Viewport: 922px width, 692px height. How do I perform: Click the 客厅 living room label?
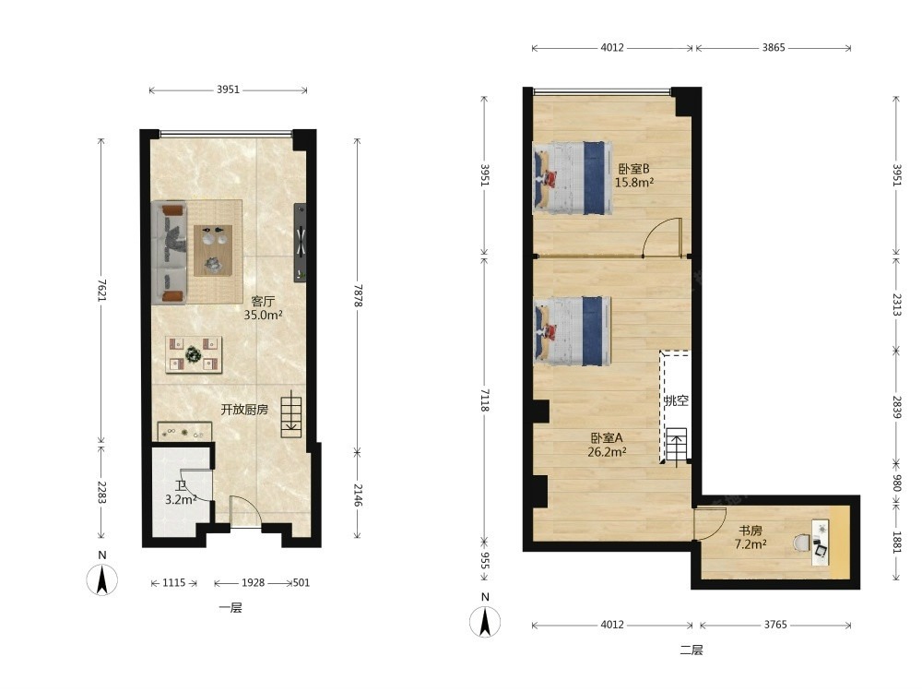click(x=263, y=302)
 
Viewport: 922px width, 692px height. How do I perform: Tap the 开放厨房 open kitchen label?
click(x=244, y=409)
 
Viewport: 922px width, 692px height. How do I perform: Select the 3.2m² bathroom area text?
click(x=181, y=500)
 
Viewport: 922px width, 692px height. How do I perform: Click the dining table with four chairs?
click(x=194, y=354)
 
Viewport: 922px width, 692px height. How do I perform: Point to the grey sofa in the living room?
click(x=169, y=253)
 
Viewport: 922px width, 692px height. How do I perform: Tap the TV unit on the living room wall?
click(x=300, y=243)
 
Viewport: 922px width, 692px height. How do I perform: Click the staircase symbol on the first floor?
click(x=291, y=417)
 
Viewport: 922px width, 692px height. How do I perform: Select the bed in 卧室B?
click(x=573, y=178)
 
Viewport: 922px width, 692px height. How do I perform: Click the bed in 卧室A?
click(x=573, y=330)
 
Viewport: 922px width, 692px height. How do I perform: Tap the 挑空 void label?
click(x=676, y=400)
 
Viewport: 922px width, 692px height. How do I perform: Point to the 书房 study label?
click(x=751, y=531)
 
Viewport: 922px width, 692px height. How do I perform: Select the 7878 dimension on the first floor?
click(x=358, y=295)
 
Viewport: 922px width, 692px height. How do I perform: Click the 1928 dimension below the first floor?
click(x=253, y=582)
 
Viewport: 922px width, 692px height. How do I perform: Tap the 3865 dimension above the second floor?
click(x=774, y=48)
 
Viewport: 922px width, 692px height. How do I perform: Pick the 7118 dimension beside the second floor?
click(x=485, y=400)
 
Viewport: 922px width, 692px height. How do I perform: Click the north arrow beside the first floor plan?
click(x=102, y=579)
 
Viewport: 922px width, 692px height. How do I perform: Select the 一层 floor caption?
click(x=230, y=608)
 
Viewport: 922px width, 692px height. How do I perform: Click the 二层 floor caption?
click(x=691, y=650)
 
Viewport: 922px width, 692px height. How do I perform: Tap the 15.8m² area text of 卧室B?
click(x=634, y=183)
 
